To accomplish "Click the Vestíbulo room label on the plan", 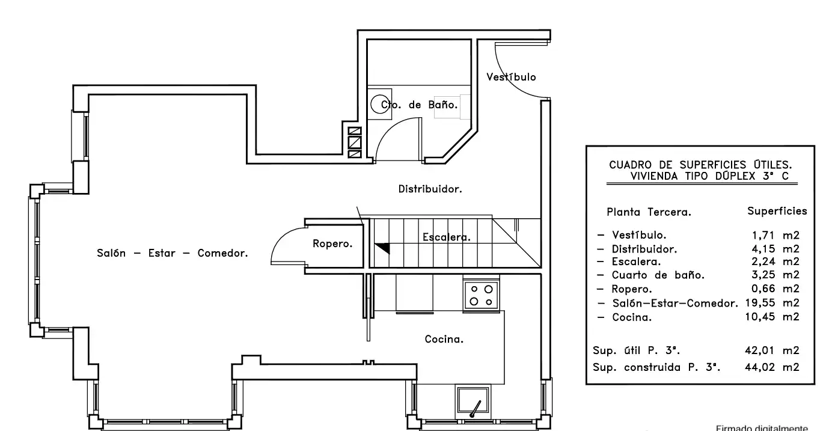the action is pyautogui.click(x=511, y=77).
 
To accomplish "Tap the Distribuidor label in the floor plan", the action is pyautogui.click(x=430, y=189).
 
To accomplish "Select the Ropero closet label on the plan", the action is pyautogui.click(x=332, y=243).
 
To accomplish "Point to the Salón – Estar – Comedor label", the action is pyautogui.click(x=172, y=253).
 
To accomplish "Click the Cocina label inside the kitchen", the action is pyautogui.click(x=444, y=339).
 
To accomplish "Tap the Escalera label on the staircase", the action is pyautogui.click(x=446, y=237).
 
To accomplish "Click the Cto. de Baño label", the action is pyautogui.click(x=419, y=105).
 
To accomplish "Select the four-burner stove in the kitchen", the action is pyautogui.click(x=482, y=295).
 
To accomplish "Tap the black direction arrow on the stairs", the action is pyautogui.click(x=384, y=248).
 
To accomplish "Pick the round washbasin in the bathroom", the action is pyautogui.click(x=379, y=104).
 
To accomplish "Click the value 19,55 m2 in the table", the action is pyautogui.click(x=772, y=303).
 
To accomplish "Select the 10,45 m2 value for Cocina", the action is pyautogui.click(x=772, y=317).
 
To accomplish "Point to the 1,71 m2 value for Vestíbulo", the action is pyautogui.click(x=775, y=235).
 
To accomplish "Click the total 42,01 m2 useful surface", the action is pyautogui.click(x=772, y=350).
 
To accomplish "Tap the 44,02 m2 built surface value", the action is pyautogui.click(x=772, y=367).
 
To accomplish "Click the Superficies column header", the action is pyautogui.click(x=777, y=211).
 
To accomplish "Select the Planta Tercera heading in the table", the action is pyautogui.click(x=649, y=212).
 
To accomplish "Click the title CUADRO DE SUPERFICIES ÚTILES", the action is pyautogui.click(x=700, y=165).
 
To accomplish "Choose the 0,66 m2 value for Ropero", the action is pyautogui.click(x=775, y=289).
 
